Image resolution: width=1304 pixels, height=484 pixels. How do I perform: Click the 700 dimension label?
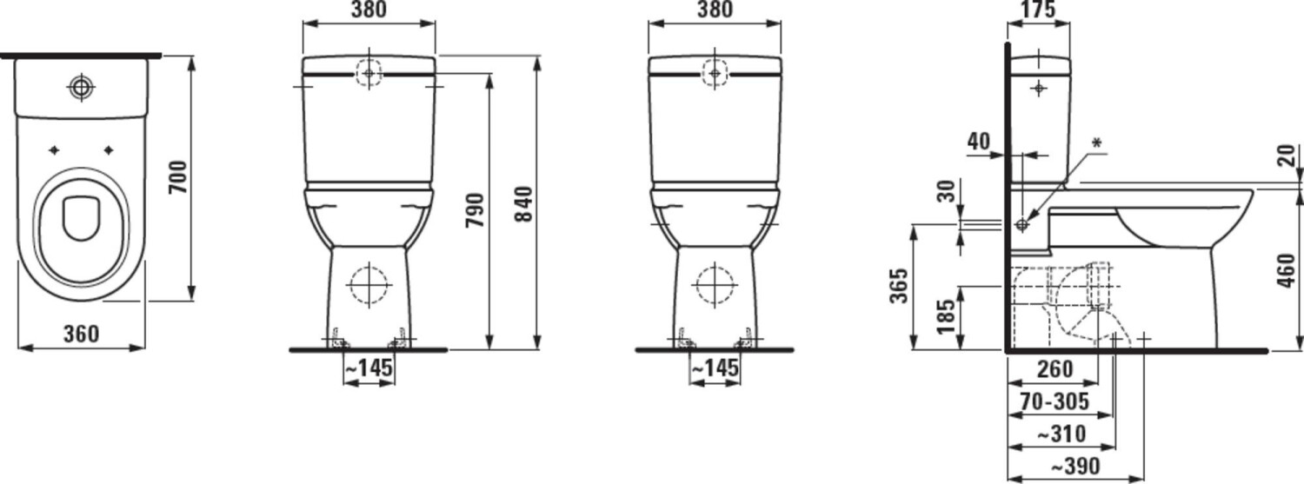(x=178, y=177)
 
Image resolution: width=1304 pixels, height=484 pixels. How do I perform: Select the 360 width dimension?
(x=81, y=334)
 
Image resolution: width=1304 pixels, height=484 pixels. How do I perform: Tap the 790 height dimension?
(x=476, y=210)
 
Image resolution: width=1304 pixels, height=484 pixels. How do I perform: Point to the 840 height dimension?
(x=524, y=203)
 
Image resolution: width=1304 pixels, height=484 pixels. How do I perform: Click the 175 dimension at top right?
(x=1038, y=10)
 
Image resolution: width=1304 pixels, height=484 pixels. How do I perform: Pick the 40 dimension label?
(x=979, y=142)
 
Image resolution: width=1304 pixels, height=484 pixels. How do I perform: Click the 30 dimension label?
(x=948, y=191)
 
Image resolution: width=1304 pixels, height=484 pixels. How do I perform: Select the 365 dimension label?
(x=900, y=286)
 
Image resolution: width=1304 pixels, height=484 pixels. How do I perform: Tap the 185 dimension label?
(x=947, y=316)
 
